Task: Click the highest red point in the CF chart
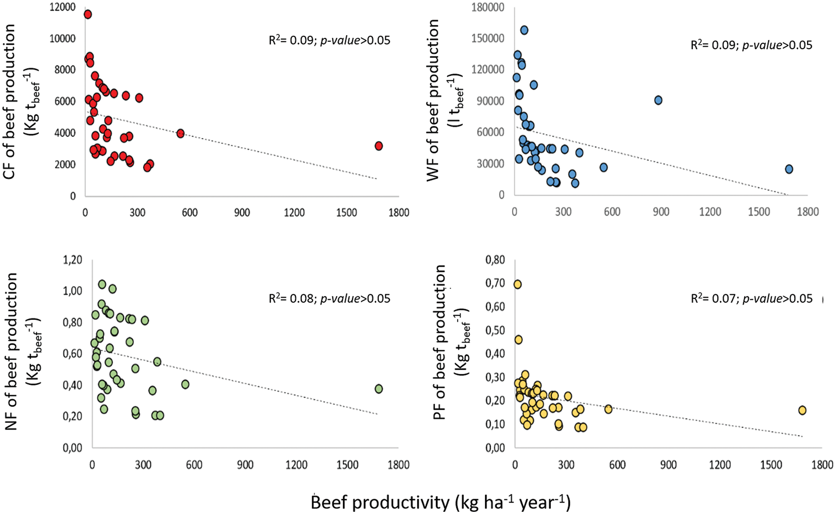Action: (x=88, y=15)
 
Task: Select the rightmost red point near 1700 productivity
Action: (x=378, y=146)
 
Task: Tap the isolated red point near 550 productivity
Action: (x=180, y=133)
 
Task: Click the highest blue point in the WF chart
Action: (x=524, y=30)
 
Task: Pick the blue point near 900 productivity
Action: (x=658, y=100)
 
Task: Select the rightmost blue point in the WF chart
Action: (x=789, y=169)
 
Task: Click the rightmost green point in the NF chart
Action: (x=378, y=389)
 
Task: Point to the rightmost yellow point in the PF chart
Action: (x=802, y=410)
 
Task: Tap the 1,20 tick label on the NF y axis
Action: (x=72, y=259)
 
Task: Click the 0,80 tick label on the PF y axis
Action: (x=495, y=260)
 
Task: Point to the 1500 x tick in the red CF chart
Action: (x=346, y=213)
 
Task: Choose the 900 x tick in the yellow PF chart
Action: (x=668, y=465)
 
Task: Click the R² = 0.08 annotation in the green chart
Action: (x=329, y=299)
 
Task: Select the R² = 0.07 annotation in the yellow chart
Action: (x=752, y=299)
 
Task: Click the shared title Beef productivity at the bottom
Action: (x=440, y=502)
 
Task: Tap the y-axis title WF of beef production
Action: (x=434, y=100)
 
